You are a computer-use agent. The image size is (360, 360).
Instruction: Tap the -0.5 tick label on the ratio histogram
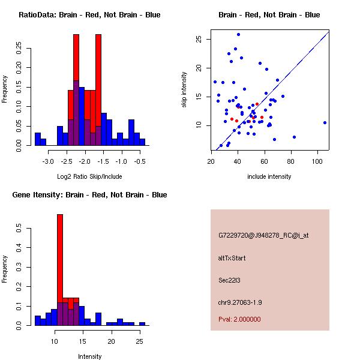[140, 161]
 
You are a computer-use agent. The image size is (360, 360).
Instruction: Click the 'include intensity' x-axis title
[269, 176]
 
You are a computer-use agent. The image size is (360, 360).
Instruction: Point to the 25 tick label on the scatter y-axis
[199, 39]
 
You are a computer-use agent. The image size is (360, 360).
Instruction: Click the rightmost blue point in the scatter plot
[325, 122]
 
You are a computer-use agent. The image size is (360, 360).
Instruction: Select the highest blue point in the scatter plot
[238, 34]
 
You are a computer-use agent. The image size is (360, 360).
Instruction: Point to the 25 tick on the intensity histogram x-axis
[139, 341]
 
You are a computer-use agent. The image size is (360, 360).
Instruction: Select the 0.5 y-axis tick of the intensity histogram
[18, 229]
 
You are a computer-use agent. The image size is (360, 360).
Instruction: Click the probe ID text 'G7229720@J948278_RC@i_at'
[263, 236]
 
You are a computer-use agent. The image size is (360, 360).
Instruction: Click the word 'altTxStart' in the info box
[232, 258]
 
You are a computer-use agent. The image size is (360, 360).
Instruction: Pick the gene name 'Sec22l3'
[230, 280]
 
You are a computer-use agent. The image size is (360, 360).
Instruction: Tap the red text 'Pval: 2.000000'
[239, 319]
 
